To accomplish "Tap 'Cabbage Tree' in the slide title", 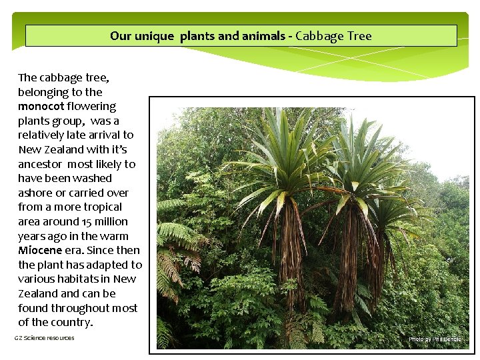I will pyautogui.click(x=333, y=36).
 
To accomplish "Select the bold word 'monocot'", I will pyautogui.click(x=41, y=107).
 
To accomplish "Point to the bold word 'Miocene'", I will pyautogui.click(x=41, y=251).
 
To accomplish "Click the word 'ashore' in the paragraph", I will pyautogui.click(x=36, y=193).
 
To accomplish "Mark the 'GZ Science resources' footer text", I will pyautogui.click(x=45, y=338).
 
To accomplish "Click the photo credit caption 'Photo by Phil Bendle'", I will pyautogui.click(x=434, y=339).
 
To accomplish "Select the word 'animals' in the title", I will pyautogui.click(x=261, y=36).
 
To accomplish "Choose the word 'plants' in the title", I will pyautogui.click(x=197, y=36).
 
